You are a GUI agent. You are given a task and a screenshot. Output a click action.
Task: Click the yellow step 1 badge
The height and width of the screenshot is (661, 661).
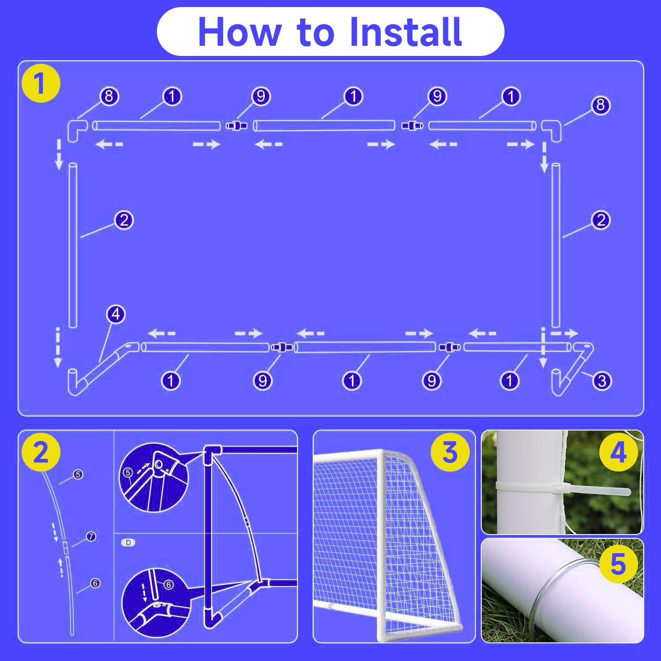[41, 84]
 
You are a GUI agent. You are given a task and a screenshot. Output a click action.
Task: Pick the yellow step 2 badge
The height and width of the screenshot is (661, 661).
[41, 453]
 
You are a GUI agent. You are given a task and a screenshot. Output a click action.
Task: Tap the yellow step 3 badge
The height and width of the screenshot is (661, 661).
[450, 453]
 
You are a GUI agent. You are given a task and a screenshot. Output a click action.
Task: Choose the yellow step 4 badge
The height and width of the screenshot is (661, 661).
[619, 453]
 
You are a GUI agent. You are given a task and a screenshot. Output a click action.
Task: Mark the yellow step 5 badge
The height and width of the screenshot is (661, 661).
[619, 564]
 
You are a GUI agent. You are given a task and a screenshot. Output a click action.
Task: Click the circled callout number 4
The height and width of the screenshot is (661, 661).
[116, 314]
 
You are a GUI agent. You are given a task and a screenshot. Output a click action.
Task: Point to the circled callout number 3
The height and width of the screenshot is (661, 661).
[602, 381]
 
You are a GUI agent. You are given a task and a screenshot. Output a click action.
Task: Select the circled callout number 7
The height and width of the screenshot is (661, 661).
[91, 536]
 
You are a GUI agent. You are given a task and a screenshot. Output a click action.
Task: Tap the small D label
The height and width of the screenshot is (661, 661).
[128, 542]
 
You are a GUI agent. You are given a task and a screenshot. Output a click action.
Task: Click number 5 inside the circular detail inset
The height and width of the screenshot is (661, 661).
[128, 473]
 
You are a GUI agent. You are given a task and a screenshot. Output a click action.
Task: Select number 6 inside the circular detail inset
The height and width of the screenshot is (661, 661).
[168, 585]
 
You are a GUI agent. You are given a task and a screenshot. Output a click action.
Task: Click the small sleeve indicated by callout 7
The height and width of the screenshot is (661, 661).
[65, 549]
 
